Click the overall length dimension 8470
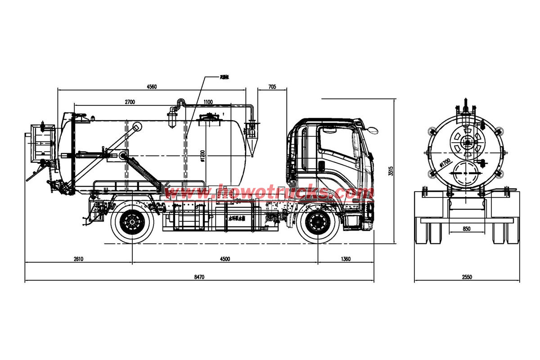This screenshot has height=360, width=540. (x=199, y=277)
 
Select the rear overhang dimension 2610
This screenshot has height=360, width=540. (x=78, y=259)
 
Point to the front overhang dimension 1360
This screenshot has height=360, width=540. (x=346, y=259)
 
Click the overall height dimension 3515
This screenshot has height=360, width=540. (x=391, y=171)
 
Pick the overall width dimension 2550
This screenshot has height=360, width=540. (x=467, y=277)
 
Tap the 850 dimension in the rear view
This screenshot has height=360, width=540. (x=467, y=229)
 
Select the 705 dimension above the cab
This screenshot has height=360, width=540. (x=272, y=87)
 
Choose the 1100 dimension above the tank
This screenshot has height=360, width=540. (x=207, y=102)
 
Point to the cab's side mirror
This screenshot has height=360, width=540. (x=372, y=130)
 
